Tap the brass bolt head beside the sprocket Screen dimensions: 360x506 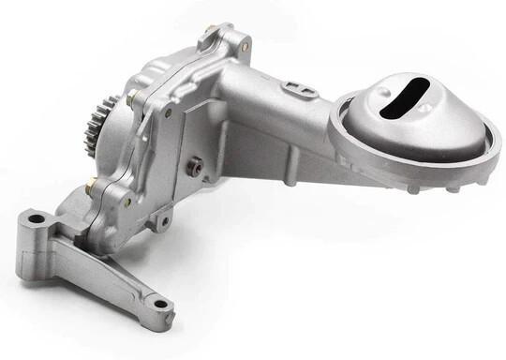[130, 98]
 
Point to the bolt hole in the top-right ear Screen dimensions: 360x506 [245, 45]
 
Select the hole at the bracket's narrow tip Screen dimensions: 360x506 [161, 303]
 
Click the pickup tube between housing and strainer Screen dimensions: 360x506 [281, 108]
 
